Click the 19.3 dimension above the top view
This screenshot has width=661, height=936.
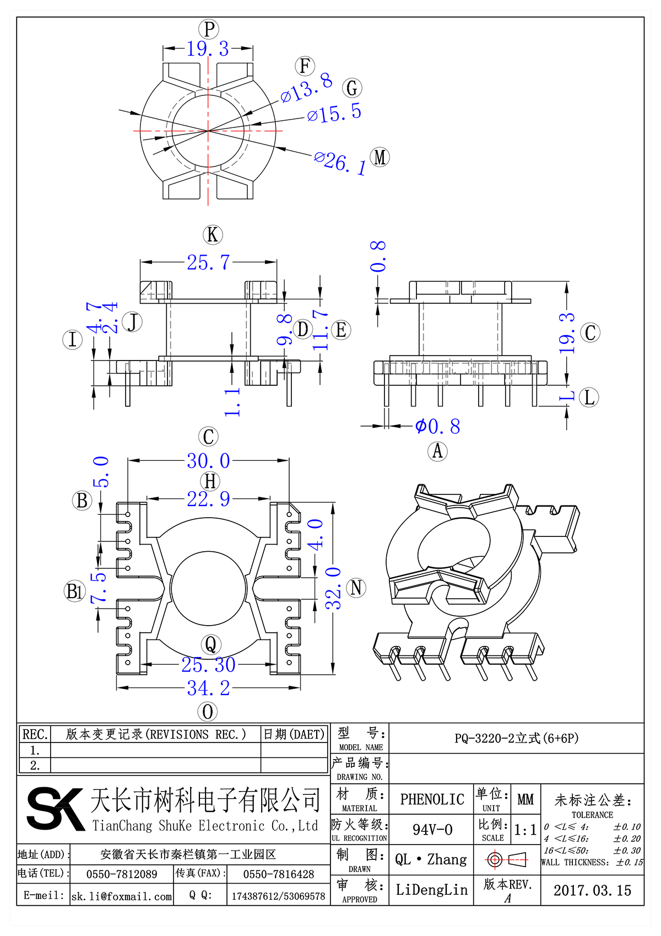click(208, 49)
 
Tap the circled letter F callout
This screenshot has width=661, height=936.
click(305, 66)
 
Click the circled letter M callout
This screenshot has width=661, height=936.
click(380, 158)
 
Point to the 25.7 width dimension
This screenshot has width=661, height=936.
click(208, 262)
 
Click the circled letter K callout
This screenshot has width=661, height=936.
click(213, 235)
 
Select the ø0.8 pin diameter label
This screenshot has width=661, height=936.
click(438, 426)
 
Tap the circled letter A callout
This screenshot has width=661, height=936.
click(437, 451)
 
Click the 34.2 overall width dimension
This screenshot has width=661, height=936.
click(208, 688)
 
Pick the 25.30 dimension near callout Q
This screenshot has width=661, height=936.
click(208, 665)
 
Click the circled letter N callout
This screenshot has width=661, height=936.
click(356, 588)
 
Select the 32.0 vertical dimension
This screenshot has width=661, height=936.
click(333, 588)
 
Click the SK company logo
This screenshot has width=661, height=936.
click(54, 808)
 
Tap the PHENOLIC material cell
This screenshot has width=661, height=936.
click(432, 799)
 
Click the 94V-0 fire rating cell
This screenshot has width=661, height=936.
click(432, 830)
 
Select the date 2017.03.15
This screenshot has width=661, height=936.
click(592, 890)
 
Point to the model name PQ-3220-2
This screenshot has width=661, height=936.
click(516, 738)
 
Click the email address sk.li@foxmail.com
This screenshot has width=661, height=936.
click(122, 896)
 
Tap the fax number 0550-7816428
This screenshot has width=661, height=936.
click(278, 874)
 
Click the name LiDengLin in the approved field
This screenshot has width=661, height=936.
click(431, 890)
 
